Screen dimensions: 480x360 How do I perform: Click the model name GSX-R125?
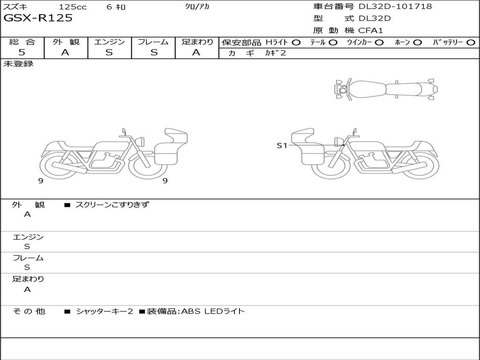(x=38, y=18)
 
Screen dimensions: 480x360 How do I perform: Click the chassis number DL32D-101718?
(x=395, y=6)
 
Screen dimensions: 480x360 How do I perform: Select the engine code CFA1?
(x=371, y=30)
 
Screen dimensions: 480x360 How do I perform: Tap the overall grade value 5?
(x=22, y=52)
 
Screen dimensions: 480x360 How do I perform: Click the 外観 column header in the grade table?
(x=66, y=42)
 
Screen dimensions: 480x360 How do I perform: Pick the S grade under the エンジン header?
(x=109, y=52)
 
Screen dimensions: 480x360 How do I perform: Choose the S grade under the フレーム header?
(x=154, y=52)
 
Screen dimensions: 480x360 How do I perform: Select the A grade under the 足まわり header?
(x=196, y=52)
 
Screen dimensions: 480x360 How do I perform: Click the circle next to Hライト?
(x=296, y=43)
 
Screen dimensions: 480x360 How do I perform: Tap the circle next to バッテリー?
(x=471, y=43)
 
